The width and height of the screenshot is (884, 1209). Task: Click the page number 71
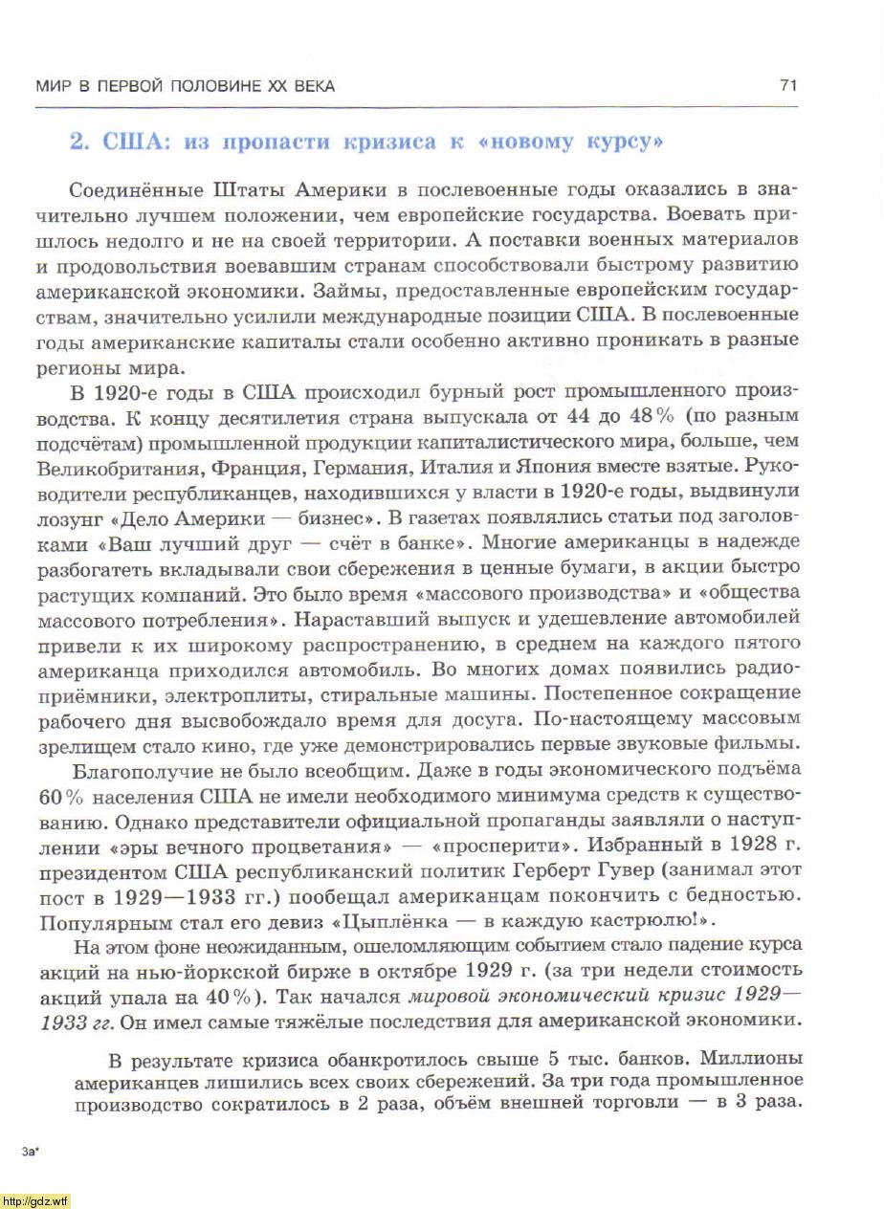[x=788, y=86]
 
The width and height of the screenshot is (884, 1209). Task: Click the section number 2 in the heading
[x=78, y=143]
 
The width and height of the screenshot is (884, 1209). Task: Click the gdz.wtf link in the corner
[x=35, y=1200]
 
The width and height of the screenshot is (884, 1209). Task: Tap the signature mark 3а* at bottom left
[x=31, y=1152]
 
